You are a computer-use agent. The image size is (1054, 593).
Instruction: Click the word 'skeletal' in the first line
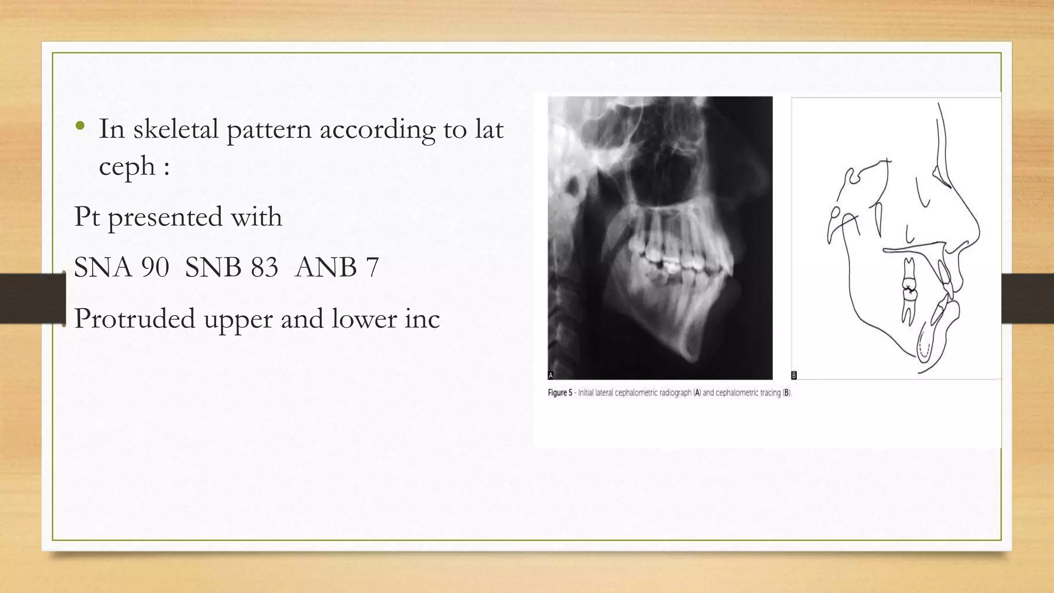point(175,129)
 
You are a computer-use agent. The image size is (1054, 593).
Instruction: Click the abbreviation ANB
point(325,268)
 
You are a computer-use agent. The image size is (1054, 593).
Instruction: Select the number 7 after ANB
point(373,268)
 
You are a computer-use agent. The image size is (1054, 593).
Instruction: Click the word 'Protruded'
point(134,319)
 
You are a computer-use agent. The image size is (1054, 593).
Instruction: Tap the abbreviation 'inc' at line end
point(422,319)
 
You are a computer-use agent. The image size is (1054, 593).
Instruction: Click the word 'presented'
point(164,217)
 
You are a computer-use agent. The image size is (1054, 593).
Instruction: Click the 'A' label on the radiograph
point(551,375)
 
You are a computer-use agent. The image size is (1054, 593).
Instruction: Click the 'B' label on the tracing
point(794,375)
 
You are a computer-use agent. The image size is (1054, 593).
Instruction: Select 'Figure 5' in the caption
point(559,393)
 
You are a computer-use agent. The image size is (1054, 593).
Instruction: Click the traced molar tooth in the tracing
point(908,291)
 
